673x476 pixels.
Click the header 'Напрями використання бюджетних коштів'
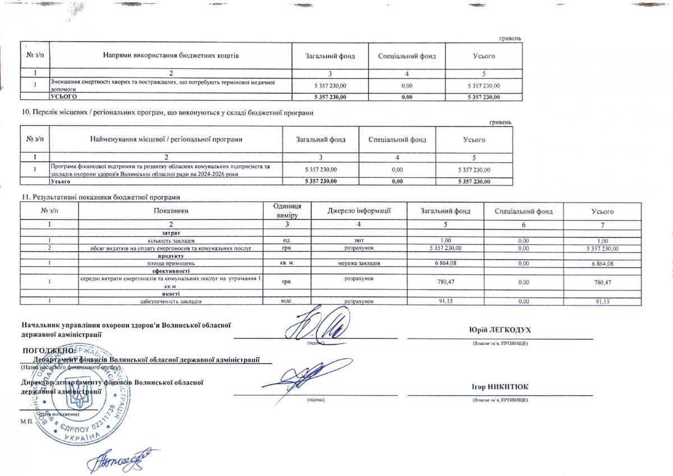click(171, 56)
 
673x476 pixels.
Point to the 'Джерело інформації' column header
click(359, 211)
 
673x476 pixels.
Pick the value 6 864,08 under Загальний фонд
click(445, 263)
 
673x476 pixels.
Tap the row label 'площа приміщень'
click(171, 263)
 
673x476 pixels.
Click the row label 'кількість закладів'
click(171, 241)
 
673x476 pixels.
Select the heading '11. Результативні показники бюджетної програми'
click(101, 197)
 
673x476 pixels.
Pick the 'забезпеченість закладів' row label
click(171, 302)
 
